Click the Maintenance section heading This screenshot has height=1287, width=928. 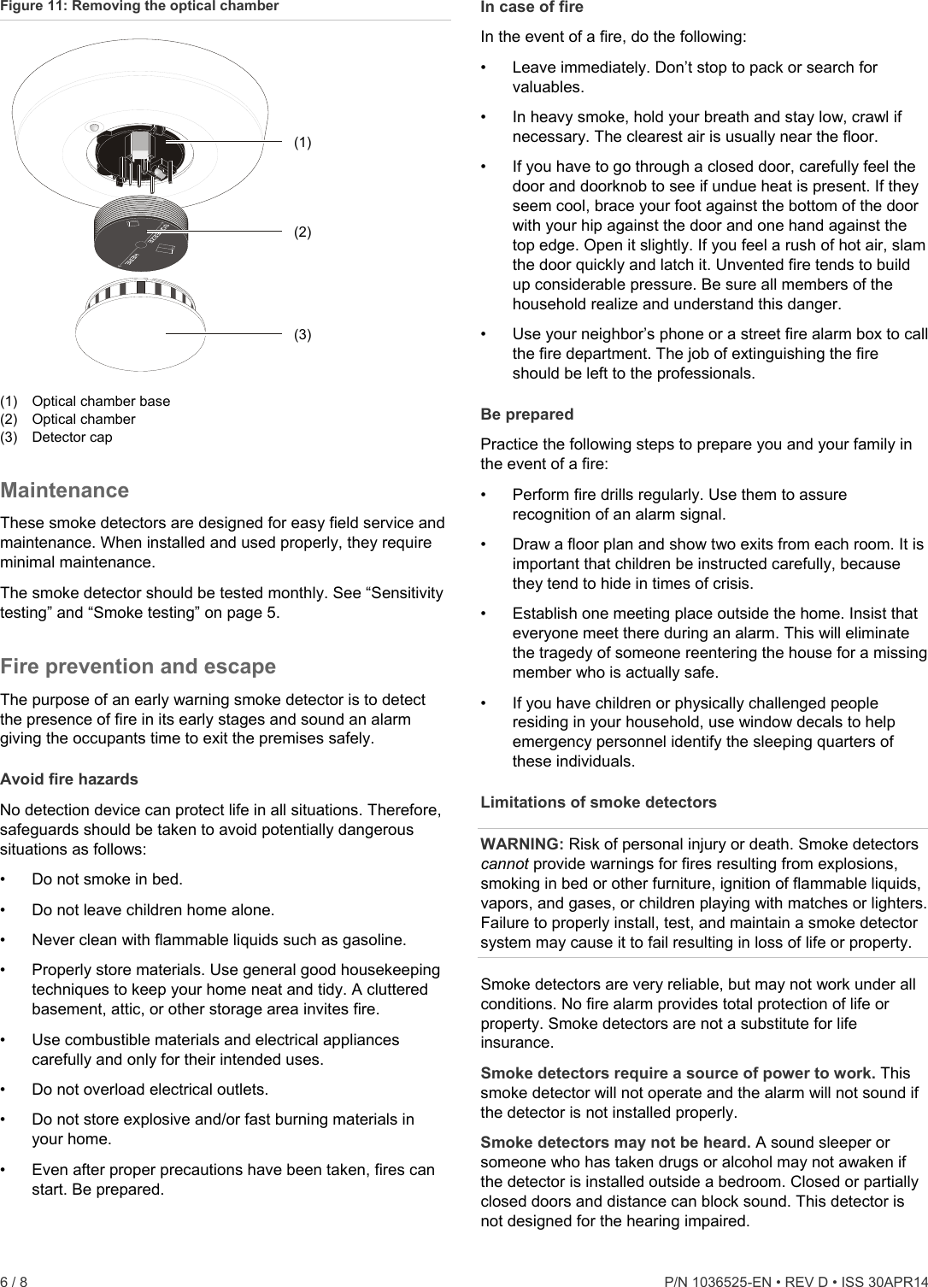pyautogui.click(x=65, y=491)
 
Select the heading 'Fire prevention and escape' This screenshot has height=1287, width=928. pyautogui.click(x=138, y=667)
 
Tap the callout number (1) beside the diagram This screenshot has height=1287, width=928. pyautogui.click(x=302, y=143)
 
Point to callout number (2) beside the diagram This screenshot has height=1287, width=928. pyautogui.click(x=302, y=232)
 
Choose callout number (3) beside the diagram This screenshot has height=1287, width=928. pyautogui.click(x=302, y=334)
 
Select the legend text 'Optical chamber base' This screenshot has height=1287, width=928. pyautogui.click(x=101, y=402)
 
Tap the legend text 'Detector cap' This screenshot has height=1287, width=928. pyautogui.click(x=72, y=438)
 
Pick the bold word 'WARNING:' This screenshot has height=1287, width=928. pyautogui.click(x=522, y=844)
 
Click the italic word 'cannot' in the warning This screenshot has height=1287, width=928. pyautogui.click(x=504, y=864)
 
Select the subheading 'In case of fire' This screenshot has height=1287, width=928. pyautogui.click(x=532, y=8)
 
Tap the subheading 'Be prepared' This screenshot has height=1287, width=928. pyautogui.click(x=527, y=414)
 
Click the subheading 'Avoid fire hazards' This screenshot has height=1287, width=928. pyautogui.click(x=69, y=779)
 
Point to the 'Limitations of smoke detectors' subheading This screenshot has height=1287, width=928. pyautogui.click(x=598, y=802)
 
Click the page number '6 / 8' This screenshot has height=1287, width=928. pyautogui.click(x=14, y=1282)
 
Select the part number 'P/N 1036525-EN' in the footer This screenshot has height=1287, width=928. pyautogui.click(x=714, y=1282)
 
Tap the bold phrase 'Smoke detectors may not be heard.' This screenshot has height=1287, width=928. pyautogui.click(x=615, y=1143)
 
